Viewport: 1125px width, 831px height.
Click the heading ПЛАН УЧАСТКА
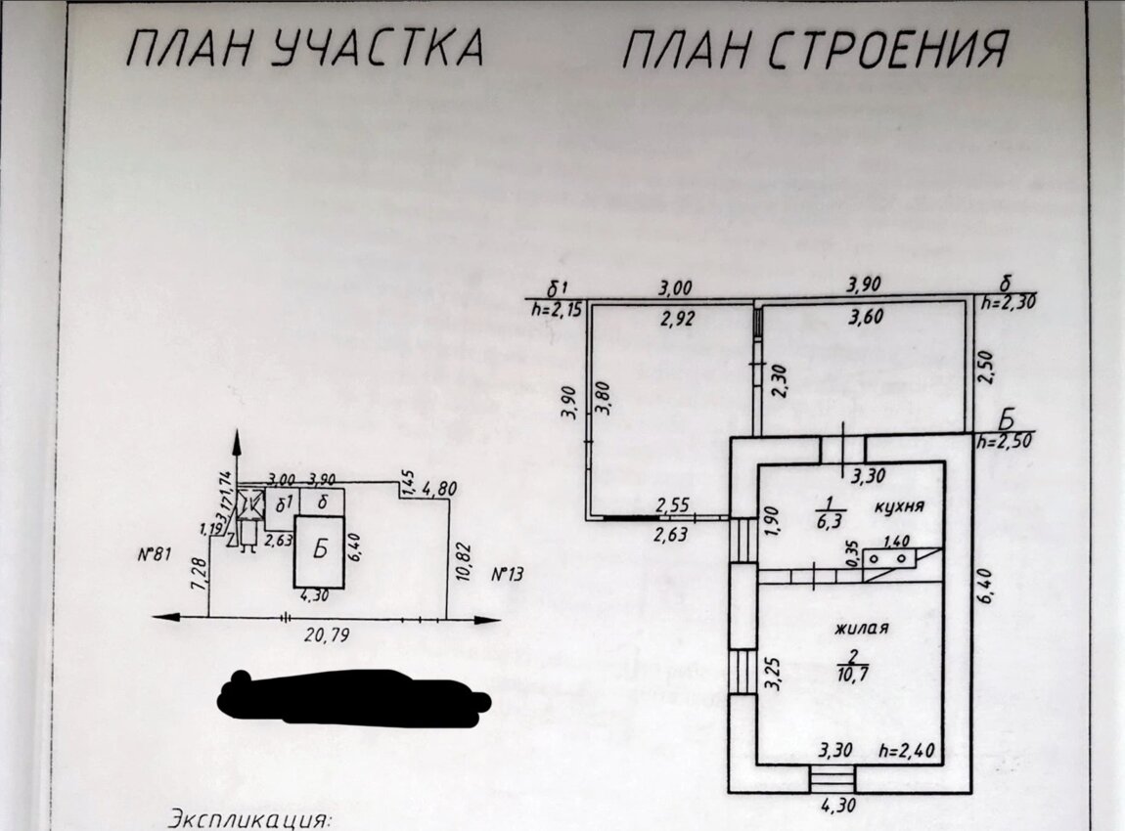[304, 48]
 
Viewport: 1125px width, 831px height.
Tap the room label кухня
[900, 507]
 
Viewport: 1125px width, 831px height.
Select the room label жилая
[861, 629]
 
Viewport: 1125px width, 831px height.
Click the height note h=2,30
[1009, 303]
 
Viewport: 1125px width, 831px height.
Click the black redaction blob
[352, 696]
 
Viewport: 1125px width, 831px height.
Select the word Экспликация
[251, 816]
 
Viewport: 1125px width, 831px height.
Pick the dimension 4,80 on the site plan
[438, 489]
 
